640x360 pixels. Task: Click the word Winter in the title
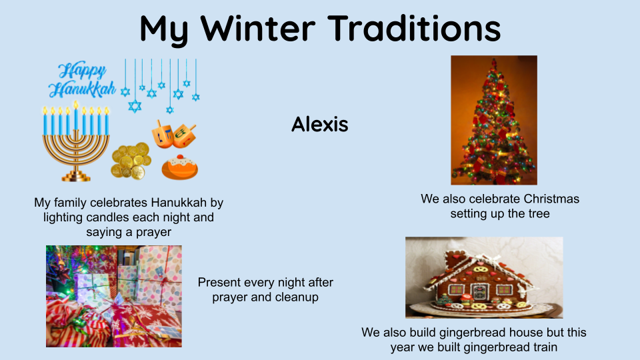pyautogui.click(x=257, y=28)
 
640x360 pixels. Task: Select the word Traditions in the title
pyautogui.click(x=414, y=28)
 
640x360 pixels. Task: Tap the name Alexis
pyautogui.click(x=319, y=124)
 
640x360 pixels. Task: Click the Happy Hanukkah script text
pyautogui.click(x=81, y=81)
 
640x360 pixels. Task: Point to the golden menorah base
pyautogui.click(x=76, y=176)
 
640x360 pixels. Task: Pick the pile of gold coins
pyautogui.click(x=131, y=161)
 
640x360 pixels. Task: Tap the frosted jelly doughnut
pyautogui.click(x=179, y=167)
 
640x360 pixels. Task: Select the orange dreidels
pyautogui.click(x=174, y=134)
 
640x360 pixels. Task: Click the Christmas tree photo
pyautogui.click(x=494, y=120)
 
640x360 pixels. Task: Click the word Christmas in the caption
pyautogui.click(x=551, y=199)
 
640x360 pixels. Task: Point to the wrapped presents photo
pyautogui.click(x=114, y=296)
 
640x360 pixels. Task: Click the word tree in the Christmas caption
pyautogui.click(x=539, y=213)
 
